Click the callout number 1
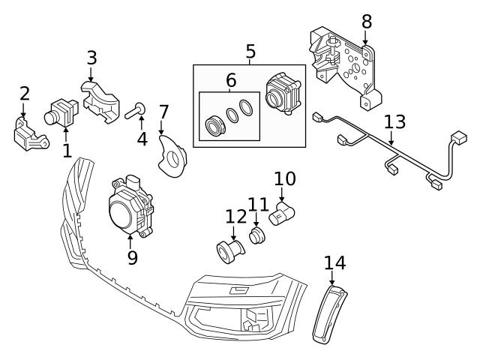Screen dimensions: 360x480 (x=67, y=151)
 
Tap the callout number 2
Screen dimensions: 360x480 (x=24, y=94)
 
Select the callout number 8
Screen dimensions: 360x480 (x=366, y=21)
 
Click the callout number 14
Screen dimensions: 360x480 (x=334, y=262)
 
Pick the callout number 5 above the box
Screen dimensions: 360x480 (x=250, y=52)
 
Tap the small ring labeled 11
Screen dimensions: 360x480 (x=257, y=236)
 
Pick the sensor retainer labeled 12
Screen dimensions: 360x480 (x=228, y=250)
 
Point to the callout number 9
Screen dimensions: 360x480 (x=132, y=258)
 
